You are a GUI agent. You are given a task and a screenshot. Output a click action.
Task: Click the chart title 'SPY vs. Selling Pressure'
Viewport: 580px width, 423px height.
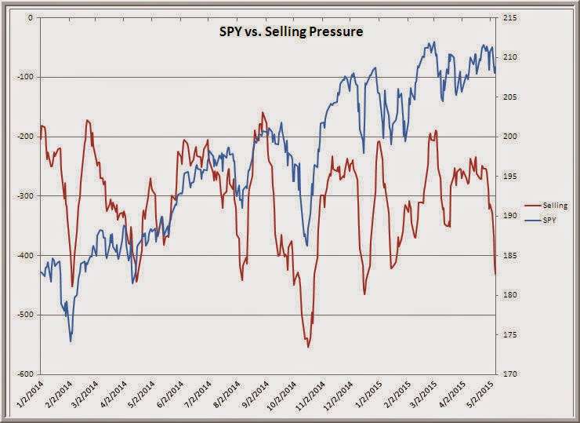click(289, 34)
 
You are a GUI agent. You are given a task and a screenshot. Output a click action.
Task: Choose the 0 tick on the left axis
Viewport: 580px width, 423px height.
click(31, 17)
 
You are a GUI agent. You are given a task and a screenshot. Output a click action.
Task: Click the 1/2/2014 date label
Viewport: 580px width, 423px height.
click(28, 395)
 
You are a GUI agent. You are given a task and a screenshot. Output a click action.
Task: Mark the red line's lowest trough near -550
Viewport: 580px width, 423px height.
click(308, 346)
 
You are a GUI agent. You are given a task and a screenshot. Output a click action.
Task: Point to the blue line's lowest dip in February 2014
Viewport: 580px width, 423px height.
click(71, 341)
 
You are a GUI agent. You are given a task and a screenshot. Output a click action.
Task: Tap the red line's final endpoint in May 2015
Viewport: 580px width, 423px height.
click(495, 274)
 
